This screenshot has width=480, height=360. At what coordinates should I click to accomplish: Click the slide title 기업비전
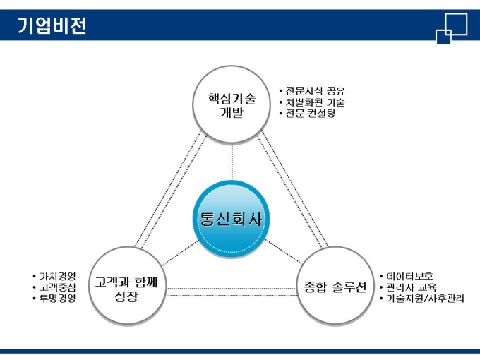click(52, 25)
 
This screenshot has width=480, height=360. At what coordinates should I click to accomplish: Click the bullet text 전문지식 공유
click(315, 90)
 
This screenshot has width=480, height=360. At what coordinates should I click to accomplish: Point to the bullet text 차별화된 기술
click(315, 102)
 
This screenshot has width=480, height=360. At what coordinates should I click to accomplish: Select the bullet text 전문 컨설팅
click(310, 114)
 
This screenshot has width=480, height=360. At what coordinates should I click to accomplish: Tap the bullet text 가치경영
click(57, 275)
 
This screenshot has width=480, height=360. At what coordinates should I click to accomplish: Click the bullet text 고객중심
click(57, 287)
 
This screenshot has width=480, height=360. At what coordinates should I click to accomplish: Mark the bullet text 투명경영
click(57, 298)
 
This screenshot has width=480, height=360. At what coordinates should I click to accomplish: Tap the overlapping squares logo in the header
click(451, 27)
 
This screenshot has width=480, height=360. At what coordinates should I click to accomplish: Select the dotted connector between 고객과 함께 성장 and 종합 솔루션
click(229, 291)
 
